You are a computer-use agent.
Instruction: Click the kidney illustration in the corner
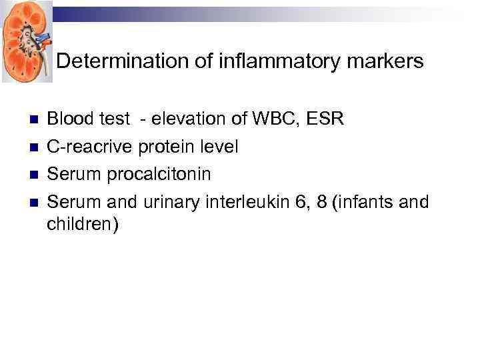point(26,41)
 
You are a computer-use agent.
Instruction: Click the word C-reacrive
point(90,147)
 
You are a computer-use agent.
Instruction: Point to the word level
point(218,147)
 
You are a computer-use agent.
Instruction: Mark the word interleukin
point(241,201)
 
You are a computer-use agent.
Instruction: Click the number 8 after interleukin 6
point(323,201)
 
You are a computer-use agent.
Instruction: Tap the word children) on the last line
point(83,225)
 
